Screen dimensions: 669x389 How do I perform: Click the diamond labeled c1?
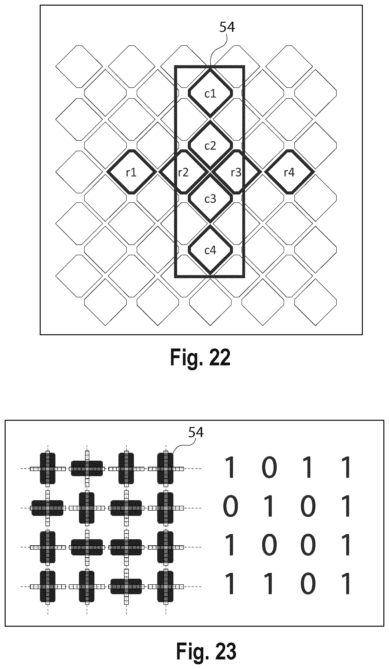click(211, 93)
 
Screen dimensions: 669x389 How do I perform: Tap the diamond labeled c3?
click(211, 199)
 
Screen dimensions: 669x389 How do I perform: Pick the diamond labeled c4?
click(211, 250)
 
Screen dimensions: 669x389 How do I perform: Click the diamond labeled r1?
click(131, 172)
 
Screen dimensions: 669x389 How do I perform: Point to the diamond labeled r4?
click(289, 172)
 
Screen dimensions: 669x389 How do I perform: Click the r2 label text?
click(183, 173)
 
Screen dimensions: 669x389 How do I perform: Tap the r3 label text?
click(236, 173)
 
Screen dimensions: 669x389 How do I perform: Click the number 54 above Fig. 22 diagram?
click(227, 27)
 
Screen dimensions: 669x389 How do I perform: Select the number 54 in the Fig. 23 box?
click(196, 432)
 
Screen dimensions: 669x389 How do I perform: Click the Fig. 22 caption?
click(200, 357)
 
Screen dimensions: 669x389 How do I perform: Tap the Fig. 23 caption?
click(206, 651)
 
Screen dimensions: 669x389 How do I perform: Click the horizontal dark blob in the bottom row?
click(126, 586)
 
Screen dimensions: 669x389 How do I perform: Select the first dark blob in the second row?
click(47, 508)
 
